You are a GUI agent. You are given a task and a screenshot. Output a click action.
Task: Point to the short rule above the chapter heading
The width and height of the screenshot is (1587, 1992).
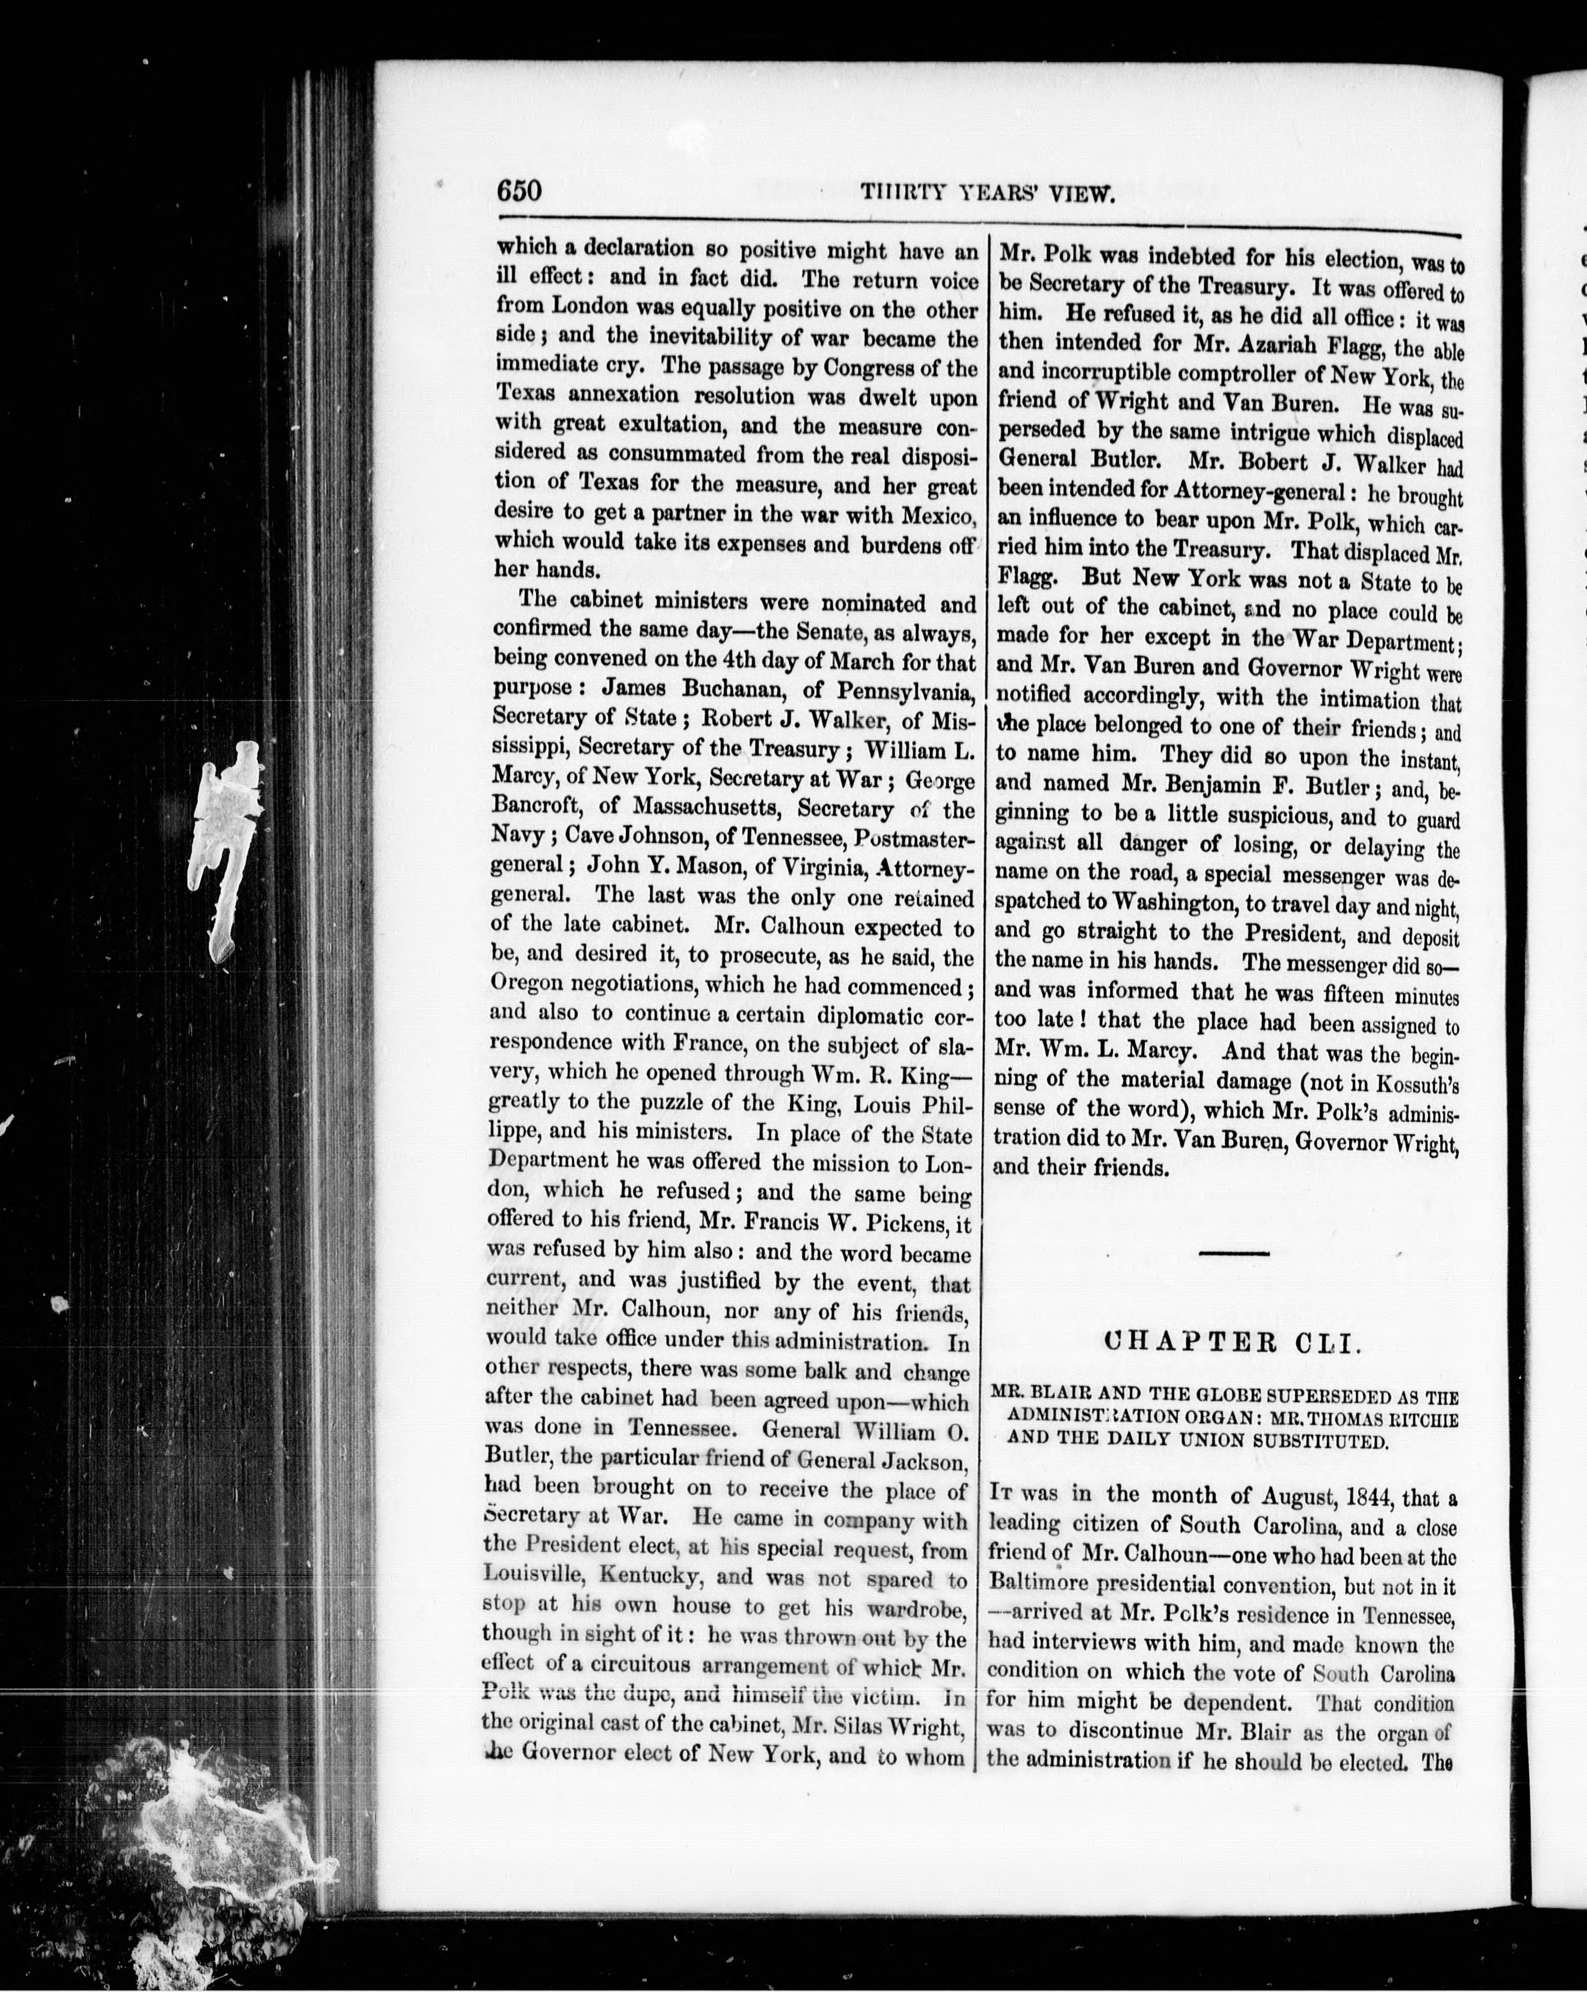click(1233, 1253)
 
